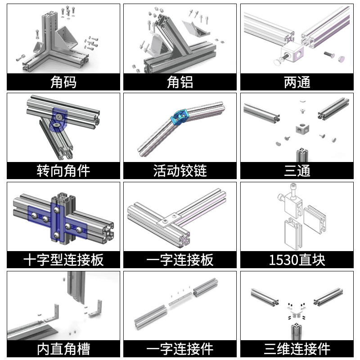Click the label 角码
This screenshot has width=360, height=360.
click(63, 82)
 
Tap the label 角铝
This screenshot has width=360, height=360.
click(180, 82)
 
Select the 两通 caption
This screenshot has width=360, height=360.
click(297, 82)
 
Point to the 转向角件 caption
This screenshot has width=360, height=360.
click(63, 171)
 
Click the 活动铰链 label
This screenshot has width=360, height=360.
click(180, 171)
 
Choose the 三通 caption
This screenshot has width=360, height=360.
click(297, 171)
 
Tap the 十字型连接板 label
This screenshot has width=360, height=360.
click(63, 260)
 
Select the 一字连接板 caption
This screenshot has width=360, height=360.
click(180, 260)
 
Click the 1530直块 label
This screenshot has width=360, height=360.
click(297, 260)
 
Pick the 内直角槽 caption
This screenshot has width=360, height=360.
click(63, 349)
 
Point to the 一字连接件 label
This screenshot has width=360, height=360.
click(180, 349)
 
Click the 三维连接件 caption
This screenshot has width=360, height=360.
click(297, 349)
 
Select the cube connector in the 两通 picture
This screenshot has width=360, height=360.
click(295, 53)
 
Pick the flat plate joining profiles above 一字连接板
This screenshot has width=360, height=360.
click(167, 221)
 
